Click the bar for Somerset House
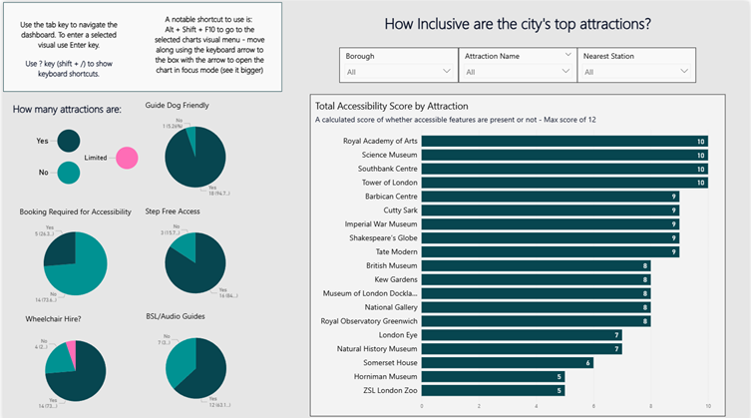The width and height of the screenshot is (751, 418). coord(508,363)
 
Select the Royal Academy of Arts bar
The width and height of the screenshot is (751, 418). coord(563,142)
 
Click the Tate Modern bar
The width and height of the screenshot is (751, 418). coord(550,252)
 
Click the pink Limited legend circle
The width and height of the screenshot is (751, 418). coord(127,158)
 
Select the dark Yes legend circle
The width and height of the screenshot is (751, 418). coord(69,143)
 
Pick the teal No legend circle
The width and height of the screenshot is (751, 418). coord(69,173)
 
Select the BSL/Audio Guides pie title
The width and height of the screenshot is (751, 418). coord(180,317)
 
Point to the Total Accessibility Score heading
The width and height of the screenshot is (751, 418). coord(392,105)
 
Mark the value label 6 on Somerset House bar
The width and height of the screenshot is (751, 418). coord(588,363)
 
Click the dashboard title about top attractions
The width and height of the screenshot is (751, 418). coord(519,23)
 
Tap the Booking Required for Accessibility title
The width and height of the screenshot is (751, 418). coord(75,211)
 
